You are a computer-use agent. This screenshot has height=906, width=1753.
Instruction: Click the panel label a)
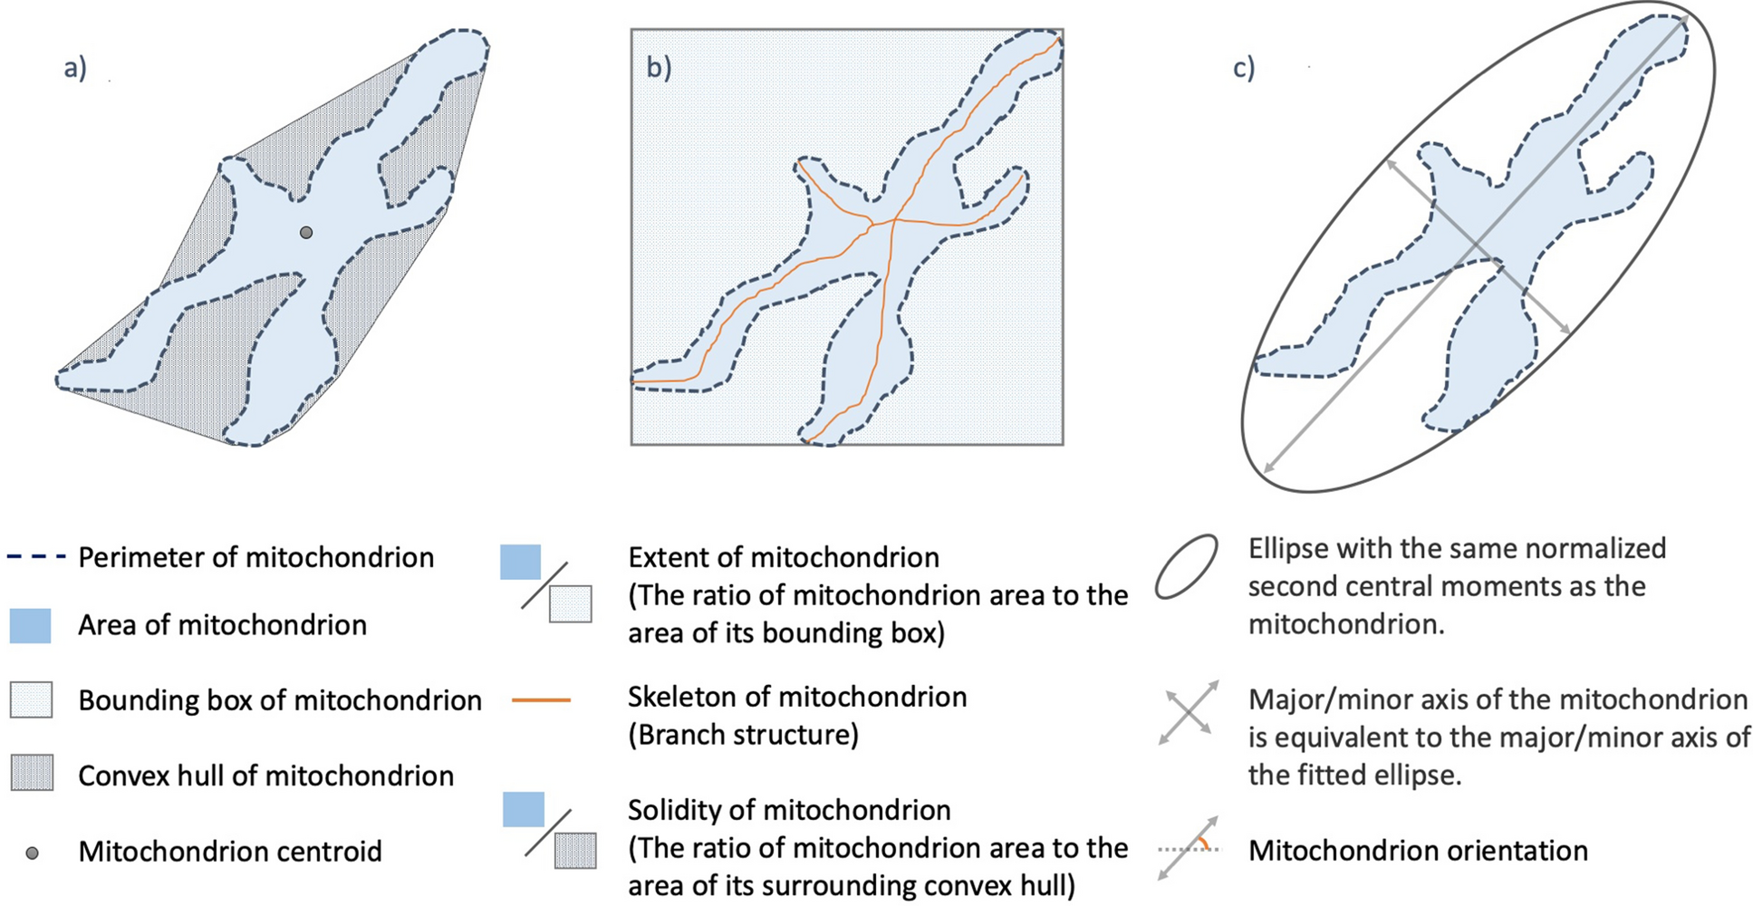point(75,68)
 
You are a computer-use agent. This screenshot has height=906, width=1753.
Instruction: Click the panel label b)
point(659,68)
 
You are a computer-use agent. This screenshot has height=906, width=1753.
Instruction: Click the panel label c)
point(1244,68)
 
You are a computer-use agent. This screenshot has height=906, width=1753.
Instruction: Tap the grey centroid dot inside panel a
point(306,233)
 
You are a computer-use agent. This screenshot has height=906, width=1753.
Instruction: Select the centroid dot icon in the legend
point(32,853)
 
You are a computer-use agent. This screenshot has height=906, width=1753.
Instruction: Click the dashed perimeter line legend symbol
point(36,556)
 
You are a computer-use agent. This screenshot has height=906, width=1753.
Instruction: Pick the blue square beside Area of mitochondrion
point(30,625)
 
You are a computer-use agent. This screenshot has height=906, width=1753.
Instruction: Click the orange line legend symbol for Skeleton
point(541,699)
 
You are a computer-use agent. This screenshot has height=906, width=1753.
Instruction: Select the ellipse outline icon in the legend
point(1186,567)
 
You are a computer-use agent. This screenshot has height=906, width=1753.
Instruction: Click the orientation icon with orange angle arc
point(1189,848)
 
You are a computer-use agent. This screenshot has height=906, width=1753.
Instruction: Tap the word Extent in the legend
point(668,557)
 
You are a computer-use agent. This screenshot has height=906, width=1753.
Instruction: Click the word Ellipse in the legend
point(1289,549)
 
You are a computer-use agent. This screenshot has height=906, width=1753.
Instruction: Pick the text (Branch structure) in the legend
point(743,735)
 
